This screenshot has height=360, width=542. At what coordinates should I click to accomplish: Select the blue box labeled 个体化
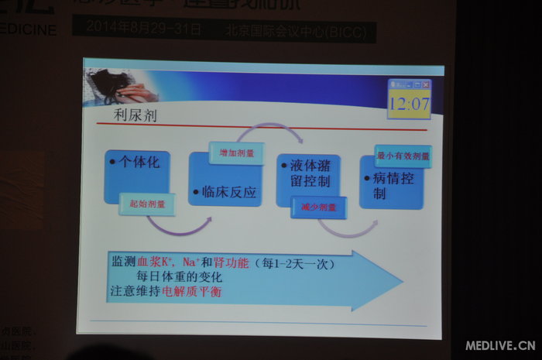137,175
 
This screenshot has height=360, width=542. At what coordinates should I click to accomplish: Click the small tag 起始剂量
147,205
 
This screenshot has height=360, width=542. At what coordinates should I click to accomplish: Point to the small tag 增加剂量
236,153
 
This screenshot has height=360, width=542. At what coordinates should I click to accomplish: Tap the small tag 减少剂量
318,207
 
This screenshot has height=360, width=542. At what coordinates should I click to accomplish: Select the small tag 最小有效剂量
403,156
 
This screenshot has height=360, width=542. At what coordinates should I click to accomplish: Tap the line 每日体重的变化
180,276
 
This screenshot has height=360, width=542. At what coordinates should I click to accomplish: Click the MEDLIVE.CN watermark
499,345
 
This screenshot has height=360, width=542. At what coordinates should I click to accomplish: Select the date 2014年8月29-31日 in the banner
144,29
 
